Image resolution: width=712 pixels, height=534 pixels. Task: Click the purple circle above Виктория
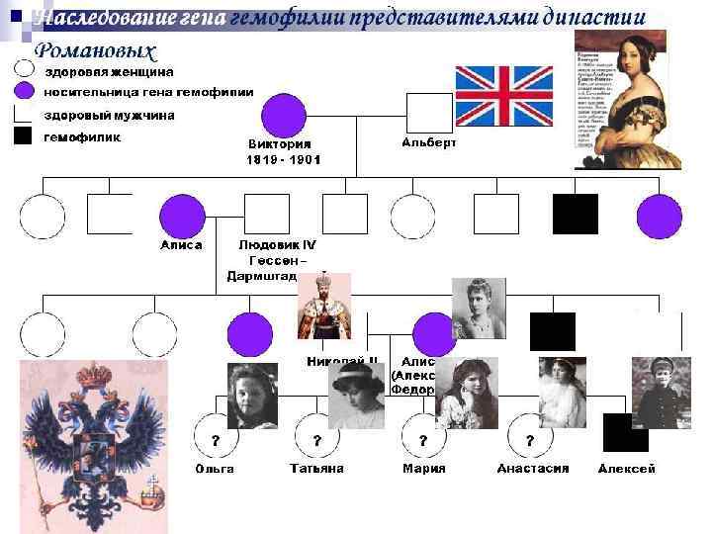pyautogui.click(x=284, y=116)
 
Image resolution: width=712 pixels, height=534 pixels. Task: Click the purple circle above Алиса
pyautogui.click(x=181, y=216)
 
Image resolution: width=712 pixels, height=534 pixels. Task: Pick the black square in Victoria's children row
pyautogui.click(x=575, y=215)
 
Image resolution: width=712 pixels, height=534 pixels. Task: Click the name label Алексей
pyautogui.click(x=627, y=469)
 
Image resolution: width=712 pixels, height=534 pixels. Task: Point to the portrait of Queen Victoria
pyautogui.click(x=627, y=99)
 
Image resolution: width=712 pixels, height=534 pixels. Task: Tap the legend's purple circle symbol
pyautogui.click(x=24, y=92)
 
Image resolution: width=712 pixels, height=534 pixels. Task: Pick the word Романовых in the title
pyautogui.click(x=95, y=50)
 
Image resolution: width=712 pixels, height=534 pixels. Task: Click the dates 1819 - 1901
pyautogui.click(x=284, y=158)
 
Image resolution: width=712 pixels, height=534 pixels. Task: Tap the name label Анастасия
pyautogui.click(x=532, y=469)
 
